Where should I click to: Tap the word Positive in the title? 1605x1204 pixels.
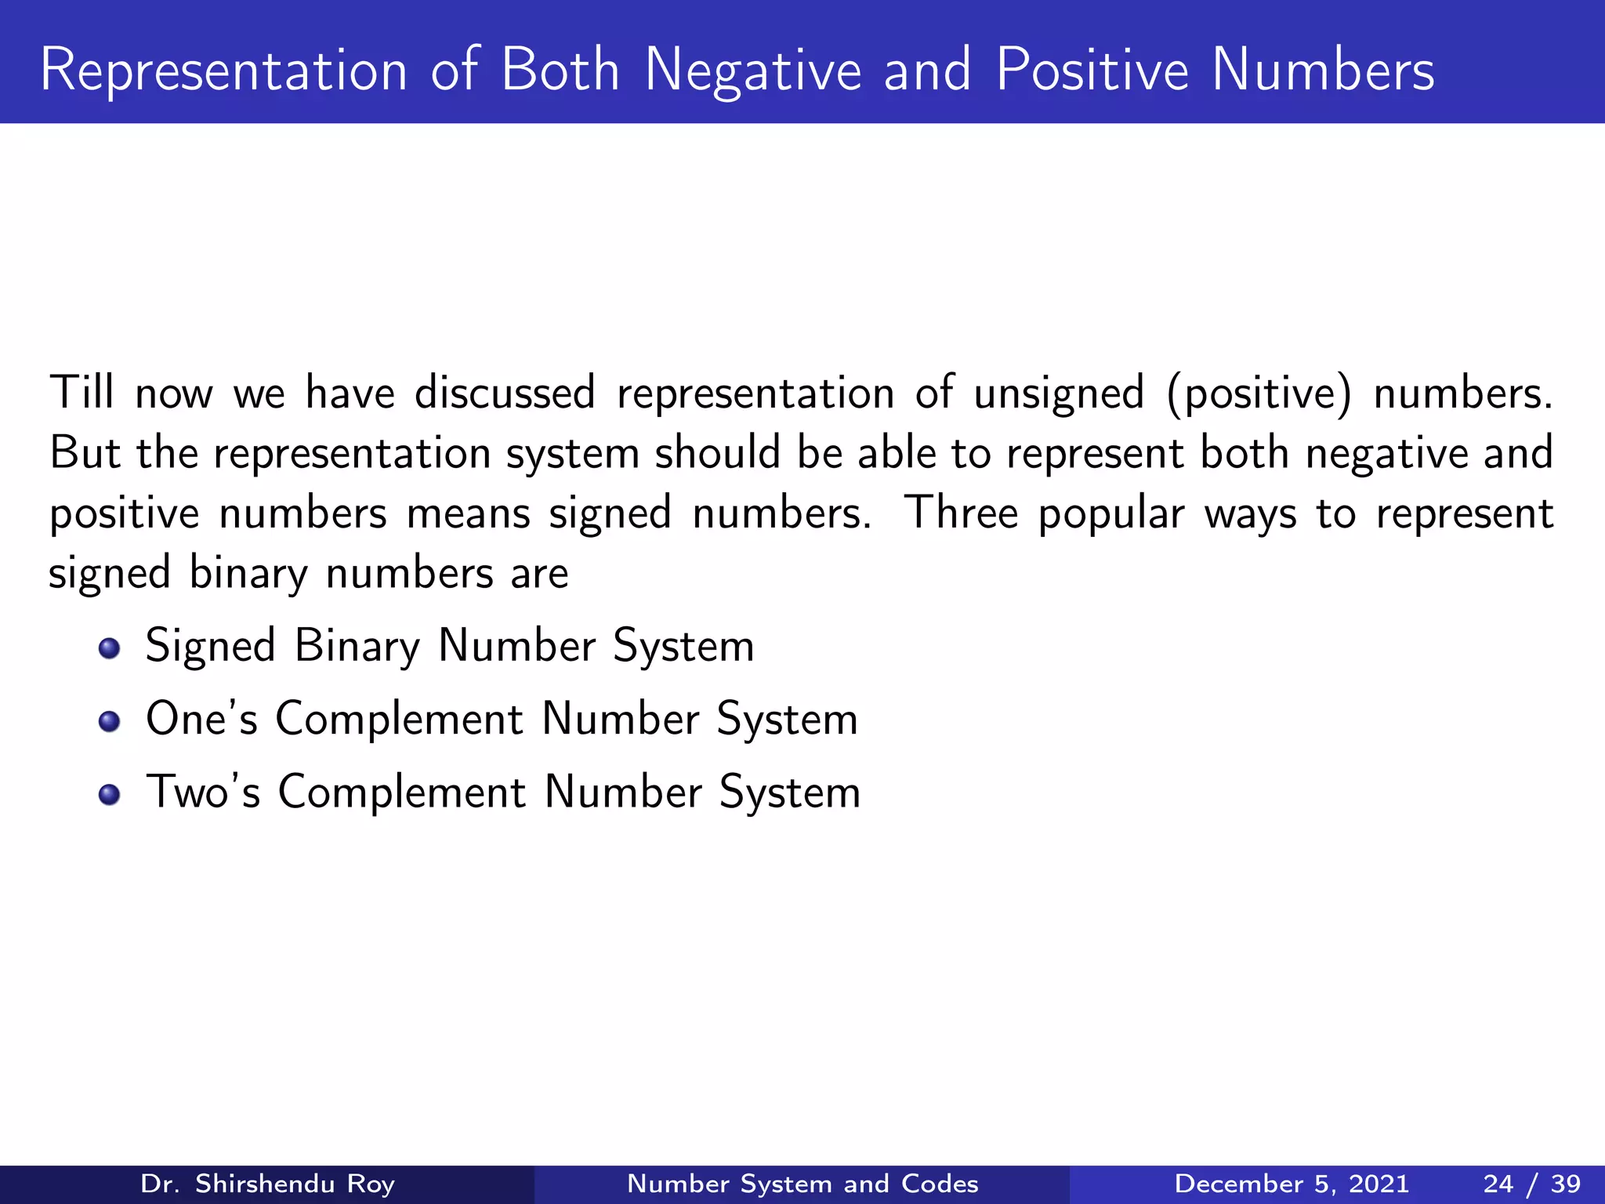(x=1092, y=71)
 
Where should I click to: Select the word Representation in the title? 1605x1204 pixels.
(x=223, y=71)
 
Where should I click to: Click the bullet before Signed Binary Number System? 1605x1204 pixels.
(x=110, y=648)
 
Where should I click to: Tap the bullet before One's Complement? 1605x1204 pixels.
(x=110, y=721)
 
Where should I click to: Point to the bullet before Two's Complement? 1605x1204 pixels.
(x=110, y=794)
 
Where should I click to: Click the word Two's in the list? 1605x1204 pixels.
(x=203, y=792)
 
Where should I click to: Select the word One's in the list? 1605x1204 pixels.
(x=201, y=719)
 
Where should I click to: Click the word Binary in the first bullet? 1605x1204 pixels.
(x=357, y=647)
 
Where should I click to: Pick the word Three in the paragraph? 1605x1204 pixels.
(x=961, y=513)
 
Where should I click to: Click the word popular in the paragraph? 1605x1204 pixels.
(x=1111, y=516)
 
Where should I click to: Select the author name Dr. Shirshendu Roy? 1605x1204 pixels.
(x=267, y=1184)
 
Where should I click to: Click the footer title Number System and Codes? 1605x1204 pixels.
(x=802, y=1184)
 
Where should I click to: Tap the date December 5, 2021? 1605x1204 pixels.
(x=1292, y=1184)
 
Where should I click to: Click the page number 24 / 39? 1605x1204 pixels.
(x=1531, y=1184)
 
